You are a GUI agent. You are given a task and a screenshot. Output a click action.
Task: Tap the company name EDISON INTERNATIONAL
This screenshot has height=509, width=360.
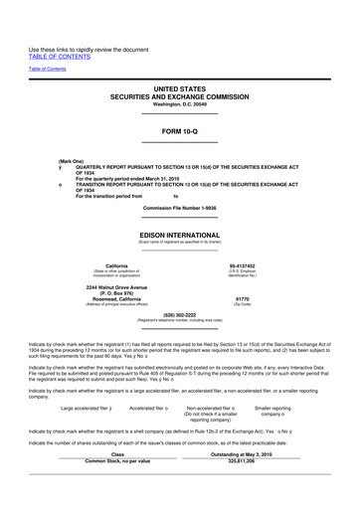point(179,236)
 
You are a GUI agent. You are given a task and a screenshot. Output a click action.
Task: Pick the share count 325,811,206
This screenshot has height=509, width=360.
point(242,461)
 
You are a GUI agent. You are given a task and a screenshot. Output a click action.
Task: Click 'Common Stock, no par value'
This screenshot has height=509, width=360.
point(117,461)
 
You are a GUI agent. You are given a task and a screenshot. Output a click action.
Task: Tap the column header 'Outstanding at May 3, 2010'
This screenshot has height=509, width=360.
point(242,454)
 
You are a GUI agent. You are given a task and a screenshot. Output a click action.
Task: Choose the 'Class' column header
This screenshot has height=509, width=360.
point(117,454)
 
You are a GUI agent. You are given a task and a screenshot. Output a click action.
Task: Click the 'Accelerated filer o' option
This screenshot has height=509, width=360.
point(149,408)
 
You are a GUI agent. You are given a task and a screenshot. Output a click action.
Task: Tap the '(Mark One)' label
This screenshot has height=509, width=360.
point(71,160)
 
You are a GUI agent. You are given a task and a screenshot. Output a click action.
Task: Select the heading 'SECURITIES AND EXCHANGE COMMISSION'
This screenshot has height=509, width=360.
point(179,95)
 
